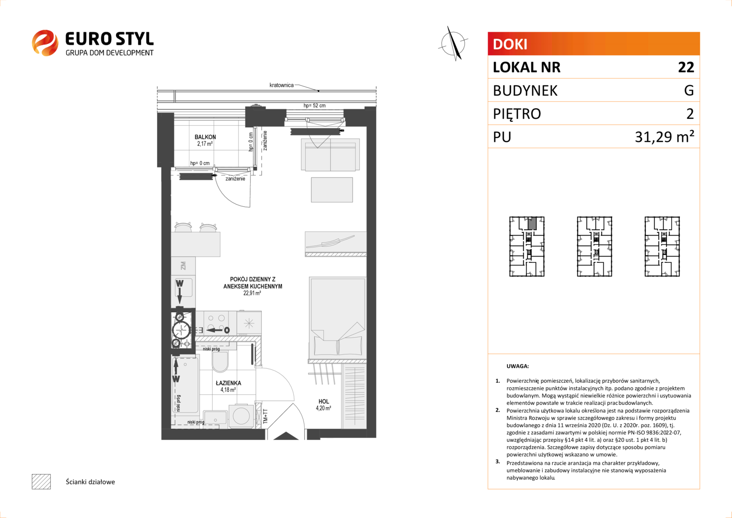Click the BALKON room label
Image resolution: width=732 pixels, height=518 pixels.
[x=205, y=137]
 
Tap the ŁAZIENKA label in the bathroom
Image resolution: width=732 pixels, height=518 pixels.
[x=229, y=383]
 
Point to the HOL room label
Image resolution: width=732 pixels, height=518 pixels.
[x=323, y=401]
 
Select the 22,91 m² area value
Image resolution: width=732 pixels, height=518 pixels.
[x=252, y=293]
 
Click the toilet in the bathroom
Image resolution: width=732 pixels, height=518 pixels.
[x=220, y=362]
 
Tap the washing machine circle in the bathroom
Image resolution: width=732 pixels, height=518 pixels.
[x=241, y=416]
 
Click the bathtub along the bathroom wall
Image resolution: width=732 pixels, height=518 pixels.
[x=185, y=385]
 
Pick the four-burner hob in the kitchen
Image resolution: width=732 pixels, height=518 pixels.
[x=216, y=323]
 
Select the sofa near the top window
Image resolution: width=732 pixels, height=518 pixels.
[x=331, y=154]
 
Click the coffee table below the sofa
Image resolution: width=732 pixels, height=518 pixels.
[x=332, y=190]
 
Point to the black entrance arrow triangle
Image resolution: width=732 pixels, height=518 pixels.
[x=286, y=436]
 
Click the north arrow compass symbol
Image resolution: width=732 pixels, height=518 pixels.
[x=453, y=44]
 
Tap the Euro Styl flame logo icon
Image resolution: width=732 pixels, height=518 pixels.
[x=45, y=43]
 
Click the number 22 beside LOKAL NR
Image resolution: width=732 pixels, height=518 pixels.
[x=686, y=68]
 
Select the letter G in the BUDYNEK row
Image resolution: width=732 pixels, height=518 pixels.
[x=689, y=90]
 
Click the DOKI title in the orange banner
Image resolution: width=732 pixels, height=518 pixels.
[x=510, y=44]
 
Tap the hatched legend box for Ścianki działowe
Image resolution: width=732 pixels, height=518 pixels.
[x=41, y=482]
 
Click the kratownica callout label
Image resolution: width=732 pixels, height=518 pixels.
[x=281, y=85]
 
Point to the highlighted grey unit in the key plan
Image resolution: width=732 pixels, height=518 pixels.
[x=532, y=223]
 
